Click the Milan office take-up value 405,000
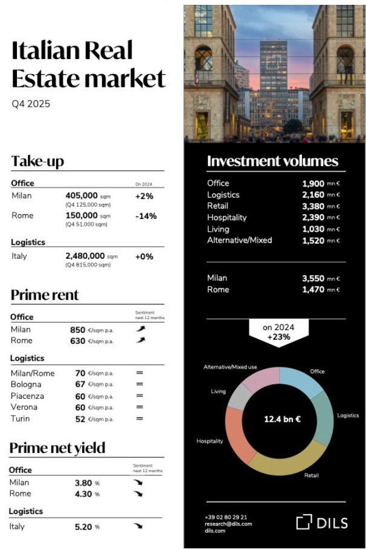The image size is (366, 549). pyautogui.click(x=82, y=195)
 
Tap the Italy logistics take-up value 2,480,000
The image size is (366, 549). pyautogui.click(x=85, y=256)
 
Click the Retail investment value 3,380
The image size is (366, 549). pyautogui.click(x=314, y=206)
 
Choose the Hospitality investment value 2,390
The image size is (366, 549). pyautogui.click(x=314, y=218)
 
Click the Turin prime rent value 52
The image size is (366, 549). pyautogui.click(x=80, y=419)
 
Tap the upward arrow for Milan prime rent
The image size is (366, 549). pyautogui.click(x=140, y=329)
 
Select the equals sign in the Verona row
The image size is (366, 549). pyautogui.click(x=140, y=407)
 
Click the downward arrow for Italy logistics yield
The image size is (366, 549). pyautogui.click(x=139, y=526)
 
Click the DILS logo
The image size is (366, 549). pyautogui.click(x=322, y=522)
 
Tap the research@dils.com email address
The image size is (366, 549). pyautogui.click(x=228, y=524)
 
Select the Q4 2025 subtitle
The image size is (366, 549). pyautogui.click(x=31, y=104)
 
